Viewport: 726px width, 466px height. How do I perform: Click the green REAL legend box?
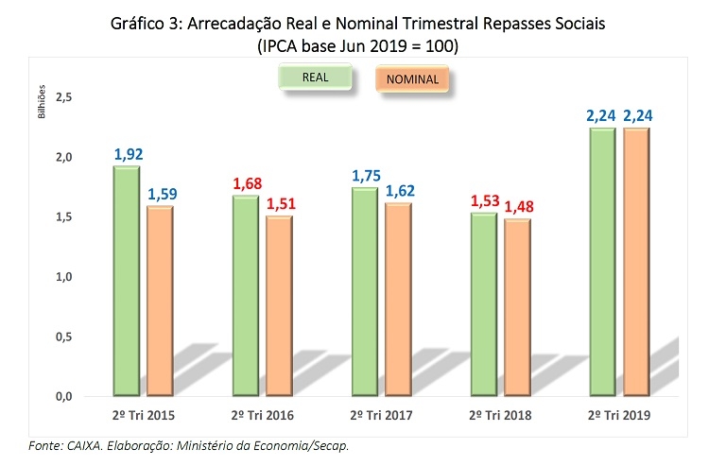(x=316, y=78)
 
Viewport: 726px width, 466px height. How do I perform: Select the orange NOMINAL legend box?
(x=412, y=80)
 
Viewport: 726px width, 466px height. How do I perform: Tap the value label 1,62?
(x=399, y=191)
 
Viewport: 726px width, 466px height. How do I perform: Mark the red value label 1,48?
(x=518, y=207)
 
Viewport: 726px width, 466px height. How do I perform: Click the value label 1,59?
(x=161, y=195)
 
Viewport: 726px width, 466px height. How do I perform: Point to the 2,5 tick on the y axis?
(x=64, y=97)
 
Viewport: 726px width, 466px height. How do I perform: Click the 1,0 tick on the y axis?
(x=64, y=277)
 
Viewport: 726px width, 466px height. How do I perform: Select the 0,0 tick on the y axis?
(x=64, y=396)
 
